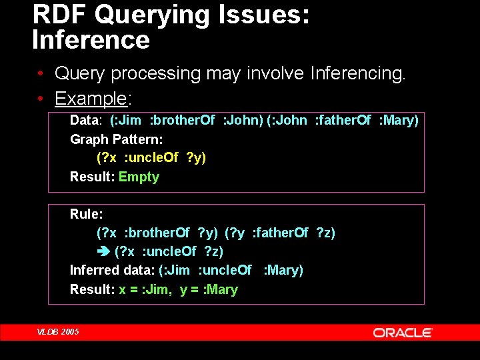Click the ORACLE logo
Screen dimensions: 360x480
(x=403, y=333)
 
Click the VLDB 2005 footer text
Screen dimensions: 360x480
(x=57, y=332)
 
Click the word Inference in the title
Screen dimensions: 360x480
(x=91, y=40)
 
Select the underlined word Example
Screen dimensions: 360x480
(x=91, y=99)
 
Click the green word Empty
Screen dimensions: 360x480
(x=139, y=177)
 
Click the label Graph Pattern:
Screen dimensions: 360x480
(x=117, y=139)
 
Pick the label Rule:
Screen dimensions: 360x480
(x=87, y=214)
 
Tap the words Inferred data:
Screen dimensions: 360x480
(x=112, y=270)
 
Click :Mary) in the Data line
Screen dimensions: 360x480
(x=398, y=121)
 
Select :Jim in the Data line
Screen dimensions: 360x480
(x=127, y=121)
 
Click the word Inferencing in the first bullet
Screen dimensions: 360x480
(x=357, y=73)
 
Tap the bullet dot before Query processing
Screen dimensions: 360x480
(x=41, y=73)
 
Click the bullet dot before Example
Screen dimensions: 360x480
(x=41, y=99)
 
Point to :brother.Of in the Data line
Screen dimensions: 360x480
(x=182, y=121)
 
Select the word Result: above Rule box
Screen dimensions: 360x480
(x=92, y=177)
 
